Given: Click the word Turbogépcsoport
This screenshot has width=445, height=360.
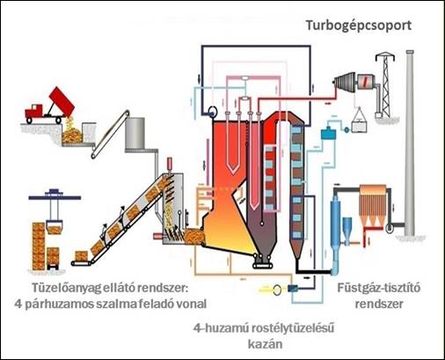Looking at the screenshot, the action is [359, 26].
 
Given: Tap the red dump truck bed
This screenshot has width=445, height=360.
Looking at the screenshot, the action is [62, 101].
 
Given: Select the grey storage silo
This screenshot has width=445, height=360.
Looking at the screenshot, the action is [135, 133].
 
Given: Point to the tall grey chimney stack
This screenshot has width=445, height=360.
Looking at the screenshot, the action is [410, 143].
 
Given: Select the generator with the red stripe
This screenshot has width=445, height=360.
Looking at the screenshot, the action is [366, 83].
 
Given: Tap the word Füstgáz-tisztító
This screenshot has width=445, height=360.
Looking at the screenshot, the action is [379, 288].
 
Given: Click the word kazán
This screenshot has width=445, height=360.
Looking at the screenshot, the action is [266, 343].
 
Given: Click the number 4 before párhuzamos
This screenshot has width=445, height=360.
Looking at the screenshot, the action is [18, 304].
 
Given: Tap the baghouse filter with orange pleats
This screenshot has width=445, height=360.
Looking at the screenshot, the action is [373, 205].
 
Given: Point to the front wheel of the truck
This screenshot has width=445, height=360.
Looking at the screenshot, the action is [29, 120].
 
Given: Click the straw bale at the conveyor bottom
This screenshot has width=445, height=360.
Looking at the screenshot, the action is [81, 256].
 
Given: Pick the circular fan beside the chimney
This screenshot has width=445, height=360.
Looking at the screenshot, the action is [390, 228].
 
